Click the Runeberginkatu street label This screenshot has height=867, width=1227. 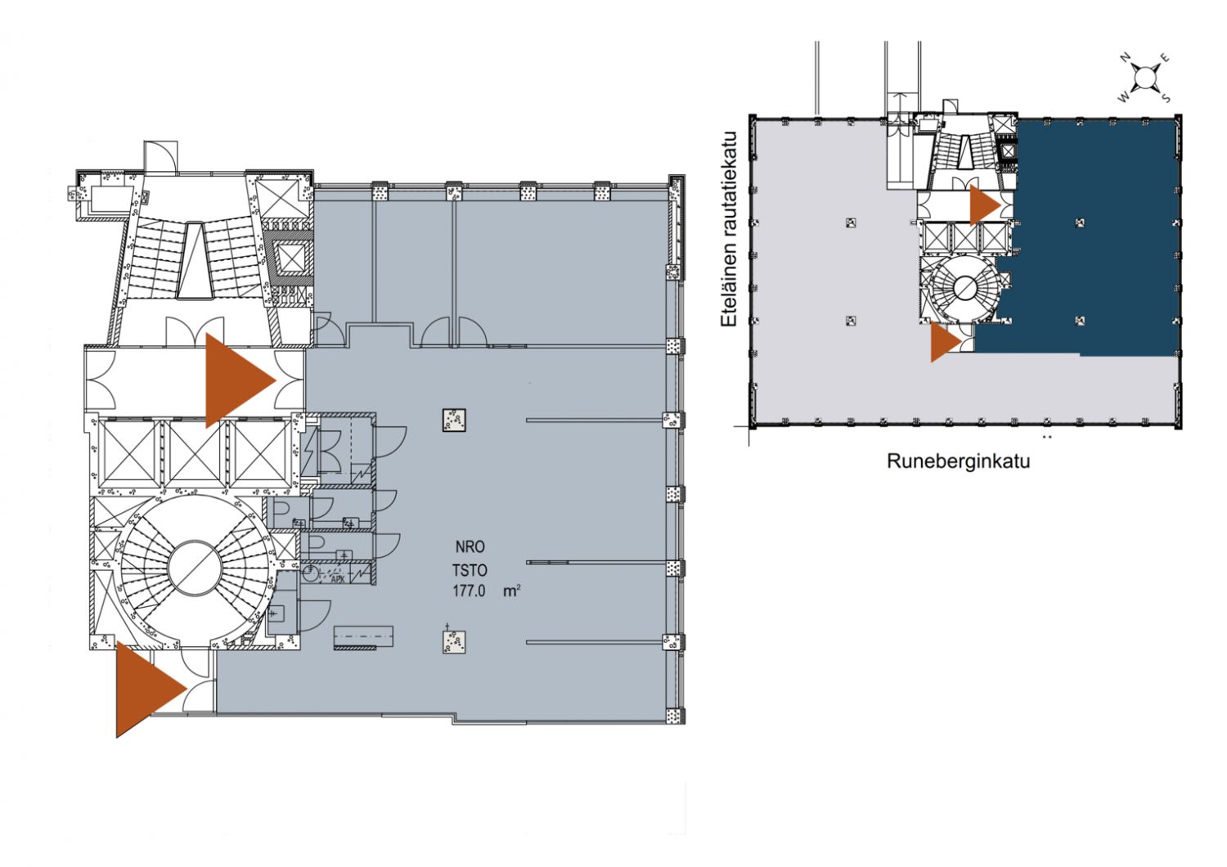[958, 461]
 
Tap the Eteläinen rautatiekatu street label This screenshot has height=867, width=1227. [729, 230]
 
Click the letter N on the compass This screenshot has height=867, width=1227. [1125, 57]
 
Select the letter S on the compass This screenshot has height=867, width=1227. [1166, 99]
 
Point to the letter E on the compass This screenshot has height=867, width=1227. [1165, 58]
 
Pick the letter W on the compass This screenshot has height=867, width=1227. [1123, 98]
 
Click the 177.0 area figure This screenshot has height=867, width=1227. [469, 591]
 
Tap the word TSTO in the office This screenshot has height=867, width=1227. [470, 570]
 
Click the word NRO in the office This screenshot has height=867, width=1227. [470, 546]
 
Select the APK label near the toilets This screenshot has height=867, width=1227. [337, 579]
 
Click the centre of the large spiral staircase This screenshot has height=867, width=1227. [195, 568]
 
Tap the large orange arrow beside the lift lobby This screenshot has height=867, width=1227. [240, 380]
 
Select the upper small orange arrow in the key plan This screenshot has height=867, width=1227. [985, 205]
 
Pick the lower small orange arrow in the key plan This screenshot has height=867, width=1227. [946, 342]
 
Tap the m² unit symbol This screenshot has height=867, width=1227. [511, 591]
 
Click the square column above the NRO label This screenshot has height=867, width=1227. [454, 420]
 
